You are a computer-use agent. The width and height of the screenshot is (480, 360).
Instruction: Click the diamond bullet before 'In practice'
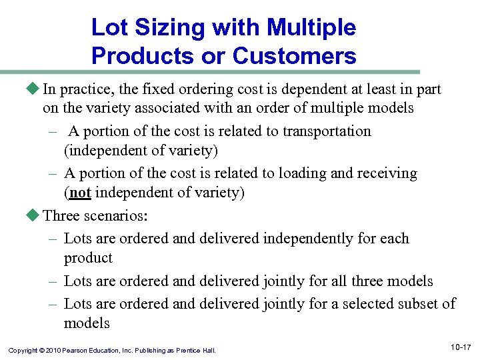35,89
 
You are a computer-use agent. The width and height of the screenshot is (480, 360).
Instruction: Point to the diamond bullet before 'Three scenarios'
35,215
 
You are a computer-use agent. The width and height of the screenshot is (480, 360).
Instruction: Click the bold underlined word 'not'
80,193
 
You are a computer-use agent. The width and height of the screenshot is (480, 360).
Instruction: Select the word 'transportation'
327,131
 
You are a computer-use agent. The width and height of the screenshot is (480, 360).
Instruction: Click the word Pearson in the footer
77,351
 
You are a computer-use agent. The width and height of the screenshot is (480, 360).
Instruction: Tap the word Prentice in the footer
189,351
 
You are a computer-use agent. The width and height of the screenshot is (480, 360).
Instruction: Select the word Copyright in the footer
22,351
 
